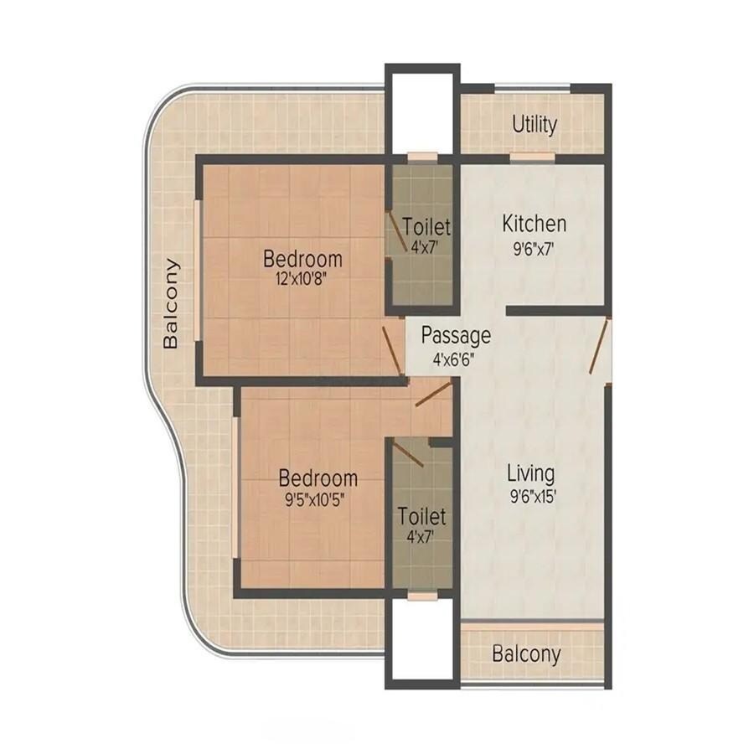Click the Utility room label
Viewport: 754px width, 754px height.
point(535,125)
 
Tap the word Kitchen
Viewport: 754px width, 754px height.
point(534,224)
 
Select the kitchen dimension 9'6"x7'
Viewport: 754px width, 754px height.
point(534,248)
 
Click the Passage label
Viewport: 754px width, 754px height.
point(456,336)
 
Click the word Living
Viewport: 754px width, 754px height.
point(532,473)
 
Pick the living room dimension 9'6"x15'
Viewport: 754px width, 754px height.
point(532,496)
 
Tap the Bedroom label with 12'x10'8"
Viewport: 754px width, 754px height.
point(302,257)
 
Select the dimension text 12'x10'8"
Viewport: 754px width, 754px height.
point(302,279)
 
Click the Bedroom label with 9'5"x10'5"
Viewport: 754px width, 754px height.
point(318,478)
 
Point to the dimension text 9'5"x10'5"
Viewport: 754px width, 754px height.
point(318,500)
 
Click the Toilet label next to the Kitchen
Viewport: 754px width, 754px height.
point(426,227)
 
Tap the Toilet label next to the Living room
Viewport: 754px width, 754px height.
point(421,515)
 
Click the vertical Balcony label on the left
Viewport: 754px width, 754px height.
point(172,303)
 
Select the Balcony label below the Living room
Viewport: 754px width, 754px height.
point(526,654)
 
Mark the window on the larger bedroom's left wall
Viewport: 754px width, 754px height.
point(198,270)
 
